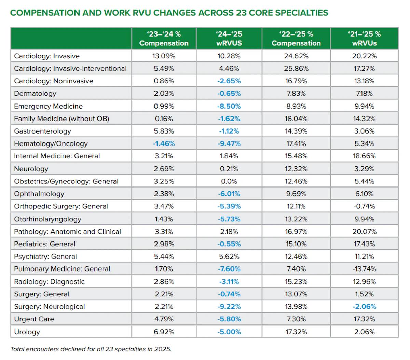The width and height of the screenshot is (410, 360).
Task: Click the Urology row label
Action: click(x=27, y=332)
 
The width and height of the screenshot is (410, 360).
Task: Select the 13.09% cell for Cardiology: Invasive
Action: click(x=164, y=56)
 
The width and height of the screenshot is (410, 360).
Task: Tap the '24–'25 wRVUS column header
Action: click(x=229, y=39)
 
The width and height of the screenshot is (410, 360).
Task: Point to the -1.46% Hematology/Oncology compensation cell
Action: click(x=164, y=143)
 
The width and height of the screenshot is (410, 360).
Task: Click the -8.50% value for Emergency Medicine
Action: click(x=229, y=106)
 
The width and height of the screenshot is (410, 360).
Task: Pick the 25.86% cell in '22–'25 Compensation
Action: click(x=296, y=68)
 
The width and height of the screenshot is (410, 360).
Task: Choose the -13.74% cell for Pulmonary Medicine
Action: click(x=364, y=269)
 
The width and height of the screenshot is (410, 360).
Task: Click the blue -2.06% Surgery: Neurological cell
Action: click(x=364, y=307)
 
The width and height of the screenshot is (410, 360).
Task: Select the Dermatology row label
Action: click(x=35, y=94)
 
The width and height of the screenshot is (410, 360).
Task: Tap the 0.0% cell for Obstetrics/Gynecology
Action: click(x=229, y=181)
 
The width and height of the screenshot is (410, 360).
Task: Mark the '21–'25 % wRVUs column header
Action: click(x=364, y=39)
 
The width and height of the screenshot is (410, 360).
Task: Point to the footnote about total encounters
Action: click(x=91, y=349)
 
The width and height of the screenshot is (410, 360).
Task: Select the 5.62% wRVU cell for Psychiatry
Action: click(x=229, y=257)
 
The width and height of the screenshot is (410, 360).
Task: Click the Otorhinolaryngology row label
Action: click(x=47, y=219)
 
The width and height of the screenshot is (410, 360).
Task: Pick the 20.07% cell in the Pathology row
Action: click(x=364, y=231)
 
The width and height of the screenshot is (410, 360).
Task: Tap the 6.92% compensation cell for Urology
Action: click(x=164, y=332)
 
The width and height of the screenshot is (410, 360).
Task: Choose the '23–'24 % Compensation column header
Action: click(x=164, y=39)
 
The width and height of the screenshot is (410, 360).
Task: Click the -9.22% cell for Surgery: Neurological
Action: click(x=229, y=307)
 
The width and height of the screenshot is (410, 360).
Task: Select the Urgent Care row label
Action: click(x=34, y=319)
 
